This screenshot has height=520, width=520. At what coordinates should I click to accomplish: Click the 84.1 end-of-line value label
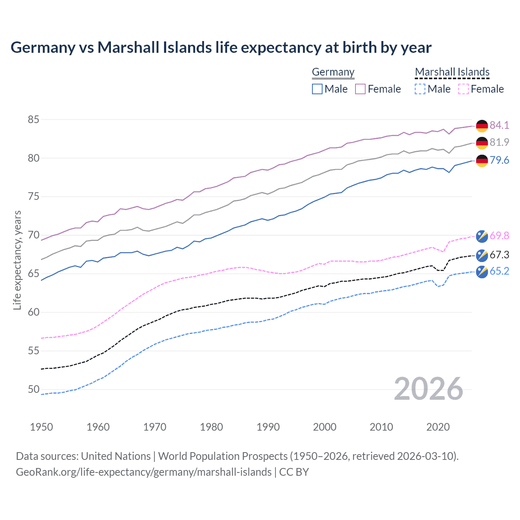[x=499, y=125]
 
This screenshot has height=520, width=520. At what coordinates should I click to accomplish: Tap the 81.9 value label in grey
[x=499, y=142]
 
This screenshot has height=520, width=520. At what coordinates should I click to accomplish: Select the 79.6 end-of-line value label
[x=499, y=160]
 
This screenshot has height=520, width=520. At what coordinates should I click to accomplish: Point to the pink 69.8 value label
[x=499, y=236]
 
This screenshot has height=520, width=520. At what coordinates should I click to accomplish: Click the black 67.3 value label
[x=499, y=255]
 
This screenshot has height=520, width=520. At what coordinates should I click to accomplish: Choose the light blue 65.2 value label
[x=499, y=271]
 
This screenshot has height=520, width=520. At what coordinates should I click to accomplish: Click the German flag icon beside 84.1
[x=482, y=126]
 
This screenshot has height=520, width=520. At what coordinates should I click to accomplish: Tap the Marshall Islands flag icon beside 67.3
[x=482, y=255]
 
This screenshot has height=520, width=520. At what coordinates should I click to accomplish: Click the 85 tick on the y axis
[x=34, y=119]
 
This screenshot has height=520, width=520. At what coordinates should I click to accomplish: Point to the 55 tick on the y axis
[x=34, y=351]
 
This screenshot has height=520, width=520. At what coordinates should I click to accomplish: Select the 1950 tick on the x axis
[x=41, y=427]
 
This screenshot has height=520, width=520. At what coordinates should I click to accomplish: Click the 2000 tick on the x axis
[x=325, y=427]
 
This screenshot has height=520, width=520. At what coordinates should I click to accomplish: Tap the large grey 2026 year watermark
[x=429, y=389]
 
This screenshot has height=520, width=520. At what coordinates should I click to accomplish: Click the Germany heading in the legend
[x=333, y=72]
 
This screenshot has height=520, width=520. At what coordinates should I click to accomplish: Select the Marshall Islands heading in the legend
[x=452, y=72]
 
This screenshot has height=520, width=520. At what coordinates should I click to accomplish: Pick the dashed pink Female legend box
[x=463, y=89]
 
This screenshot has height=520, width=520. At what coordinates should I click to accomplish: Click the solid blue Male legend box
[x=317, y=89]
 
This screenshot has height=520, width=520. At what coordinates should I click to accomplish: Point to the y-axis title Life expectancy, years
[x=17, y=260]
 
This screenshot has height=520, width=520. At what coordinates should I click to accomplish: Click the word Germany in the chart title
[x=43, y=48]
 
